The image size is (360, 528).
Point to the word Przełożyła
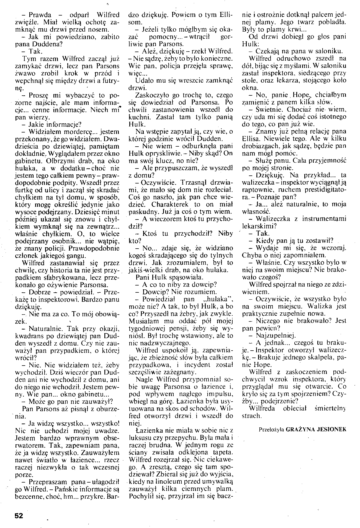click(272, 430)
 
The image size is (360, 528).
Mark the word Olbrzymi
click(59, 161)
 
